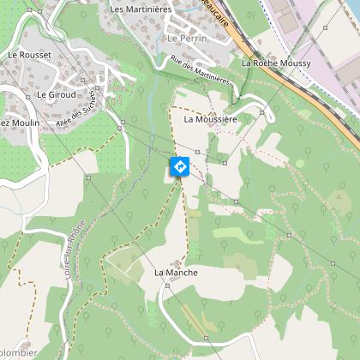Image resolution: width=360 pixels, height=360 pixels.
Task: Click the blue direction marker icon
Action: (180, 166)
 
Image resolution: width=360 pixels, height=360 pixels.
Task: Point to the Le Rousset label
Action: (29, 54)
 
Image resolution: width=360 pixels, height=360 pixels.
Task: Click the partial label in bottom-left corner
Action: (15, 351)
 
